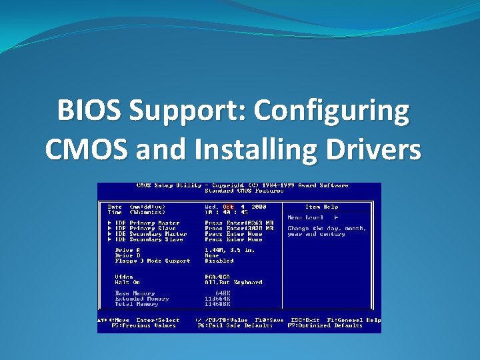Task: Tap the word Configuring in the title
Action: click(335, 111)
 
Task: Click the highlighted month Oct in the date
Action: click(229, 207)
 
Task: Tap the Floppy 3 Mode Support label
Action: click(153, 261)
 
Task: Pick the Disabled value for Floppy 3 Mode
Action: click(219, 261)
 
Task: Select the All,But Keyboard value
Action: click(233, 282)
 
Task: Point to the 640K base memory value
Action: click(225, 293)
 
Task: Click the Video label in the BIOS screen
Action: click(124, 277)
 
